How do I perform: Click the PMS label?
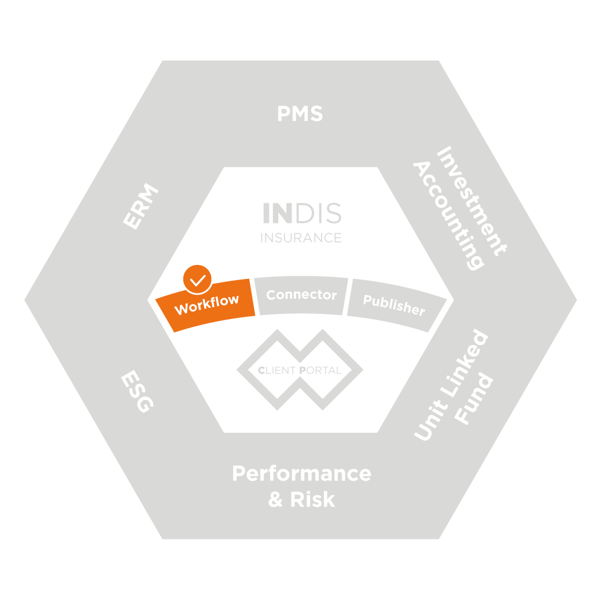[301, 113]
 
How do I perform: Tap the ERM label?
[141, 207]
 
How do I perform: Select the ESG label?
[137, 392]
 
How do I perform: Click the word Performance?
[302, 474]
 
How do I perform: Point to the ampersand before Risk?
[276, 499]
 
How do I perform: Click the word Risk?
[313, 499]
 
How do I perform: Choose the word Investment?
[472, 201]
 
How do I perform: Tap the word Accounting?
[448, 216]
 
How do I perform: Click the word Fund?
[473, 398]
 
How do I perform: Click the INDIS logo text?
[302, 213]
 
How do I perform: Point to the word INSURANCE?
[301, 238]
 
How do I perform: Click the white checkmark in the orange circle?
[197, 280]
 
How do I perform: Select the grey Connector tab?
[301, 296]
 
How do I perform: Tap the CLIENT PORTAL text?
[300, 370]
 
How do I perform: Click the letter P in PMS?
[284, 114]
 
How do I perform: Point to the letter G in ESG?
[146, 405]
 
